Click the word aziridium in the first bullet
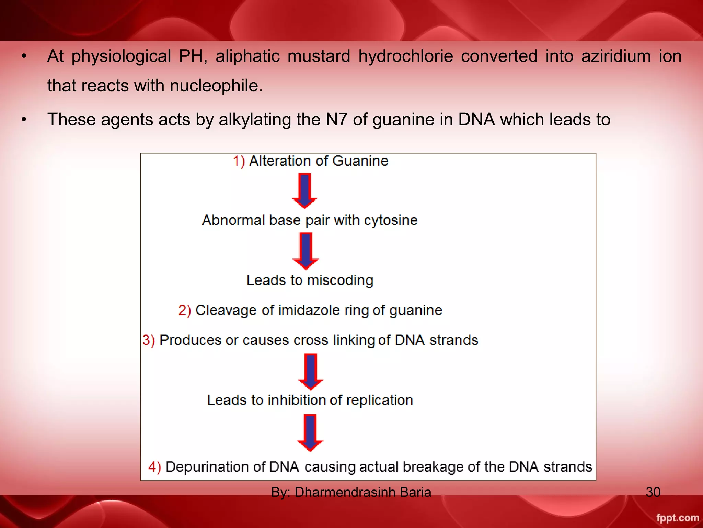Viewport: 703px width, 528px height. pos(616,56)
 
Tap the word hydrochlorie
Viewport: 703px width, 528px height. pos(405,56)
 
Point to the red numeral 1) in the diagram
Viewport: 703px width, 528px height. pos(239,161)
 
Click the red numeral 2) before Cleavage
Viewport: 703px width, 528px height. pos(185,310)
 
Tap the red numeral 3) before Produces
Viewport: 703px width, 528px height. pos(149,340)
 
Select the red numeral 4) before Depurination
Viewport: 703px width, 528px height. pos(154,467)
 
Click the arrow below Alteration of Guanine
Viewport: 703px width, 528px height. pos(304,190)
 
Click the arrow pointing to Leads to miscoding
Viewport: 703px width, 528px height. pos(306,251)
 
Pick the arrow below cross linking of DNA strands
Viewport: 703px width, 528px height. pos(311,372)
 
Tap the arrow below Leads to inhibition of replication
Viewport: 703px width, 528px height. pos(310,432)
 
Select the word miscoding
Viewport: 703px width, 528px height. pos(340,280)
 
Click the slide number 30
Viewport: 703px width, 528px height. pos(653,492)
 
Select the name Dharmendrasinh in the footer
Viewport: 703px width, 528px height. pos(345,492)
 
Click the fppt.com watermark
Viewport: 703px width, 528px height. pos(677,518)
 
